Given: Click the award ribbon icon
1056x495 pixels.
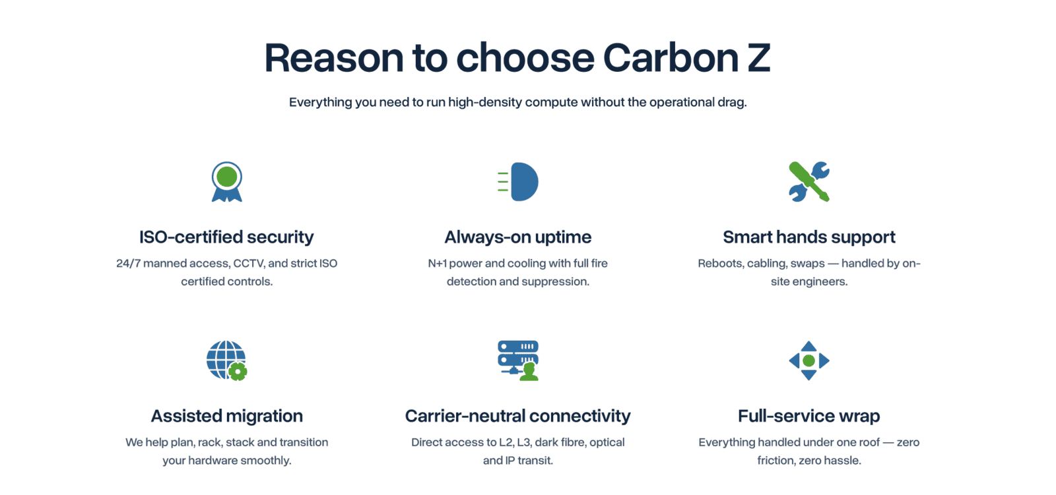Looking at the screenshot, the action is [x=227, y=182].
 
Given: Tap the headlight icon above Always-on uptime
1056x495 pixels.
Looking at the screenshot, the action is [x=518, y=182].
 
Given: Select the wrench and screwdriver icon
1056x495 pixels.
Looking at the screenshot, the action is [x=809, y=182].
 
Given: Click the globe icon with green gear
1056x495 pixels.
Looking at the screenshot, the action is [x=227, y=361].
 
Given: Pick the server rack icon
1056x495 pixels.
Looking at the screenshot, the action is [x=518, y=361].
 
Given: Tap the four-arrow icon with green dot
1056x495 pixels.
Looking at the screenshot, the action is [x=809, y=361].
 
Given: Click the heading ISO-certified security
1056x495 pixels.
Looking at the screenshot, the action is [x=226, y=237].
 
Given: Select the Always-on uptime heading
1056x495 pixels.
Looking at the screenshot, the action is [x=517, y=237].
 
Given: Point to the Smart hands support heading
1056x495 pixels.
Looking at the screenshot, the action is [x=809, y=237].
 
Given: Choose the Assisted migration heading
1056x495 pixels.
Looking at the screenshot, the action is [x=227, y=416].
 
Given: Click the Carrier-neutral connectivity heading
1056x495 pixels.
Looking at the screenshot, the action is [x=517, y=416].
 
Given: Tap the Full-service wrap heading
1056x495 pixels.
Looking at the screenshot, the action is [x=809, y=416].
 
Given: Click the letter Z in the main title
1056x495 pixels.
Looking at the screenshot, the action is [x=756, y=58].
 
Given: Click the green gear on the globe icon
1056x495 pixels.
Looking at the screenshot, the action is [x=238, y=372].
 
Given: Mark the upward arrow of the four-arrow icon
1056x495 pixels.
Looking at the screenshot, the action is [x=809, y=346].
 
